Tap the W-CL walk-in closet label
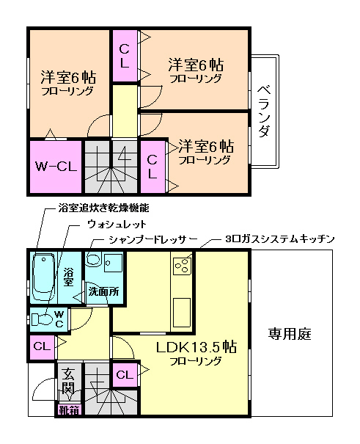pyautogui.click(x=56, y=166)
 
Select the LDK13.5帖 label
pyautogui.click(x=194, y=346)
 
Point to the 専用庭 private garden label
pyautogui.click(x=289, y=334)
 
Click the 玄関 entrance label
pyautogui.click(x=68, y=380)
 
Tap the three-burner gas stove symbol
pyautogui.click(x=183, y=265)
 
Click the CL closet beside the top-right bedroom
pyautogui.click(x=125, y=57)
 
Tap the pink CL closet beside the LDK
pyautogui.click(x=125, y=375)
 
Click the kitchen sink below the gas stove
pyautogui.click(x=182, y=308)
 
